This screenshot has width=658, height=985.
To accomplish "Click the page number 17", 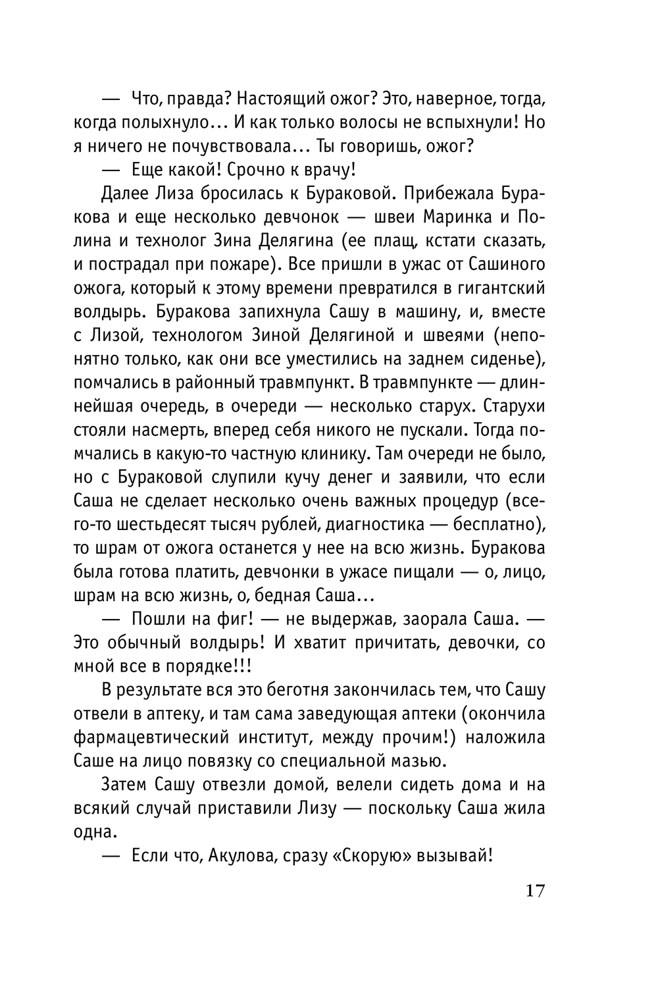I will pos(535,891).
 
